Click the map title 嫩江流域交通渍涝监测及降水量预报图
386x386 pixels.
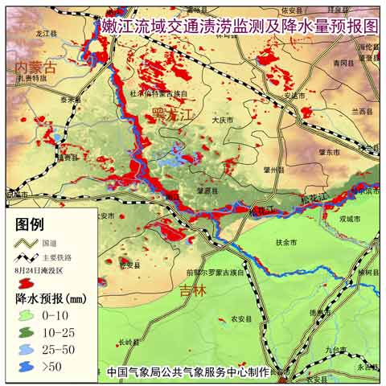240,27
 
